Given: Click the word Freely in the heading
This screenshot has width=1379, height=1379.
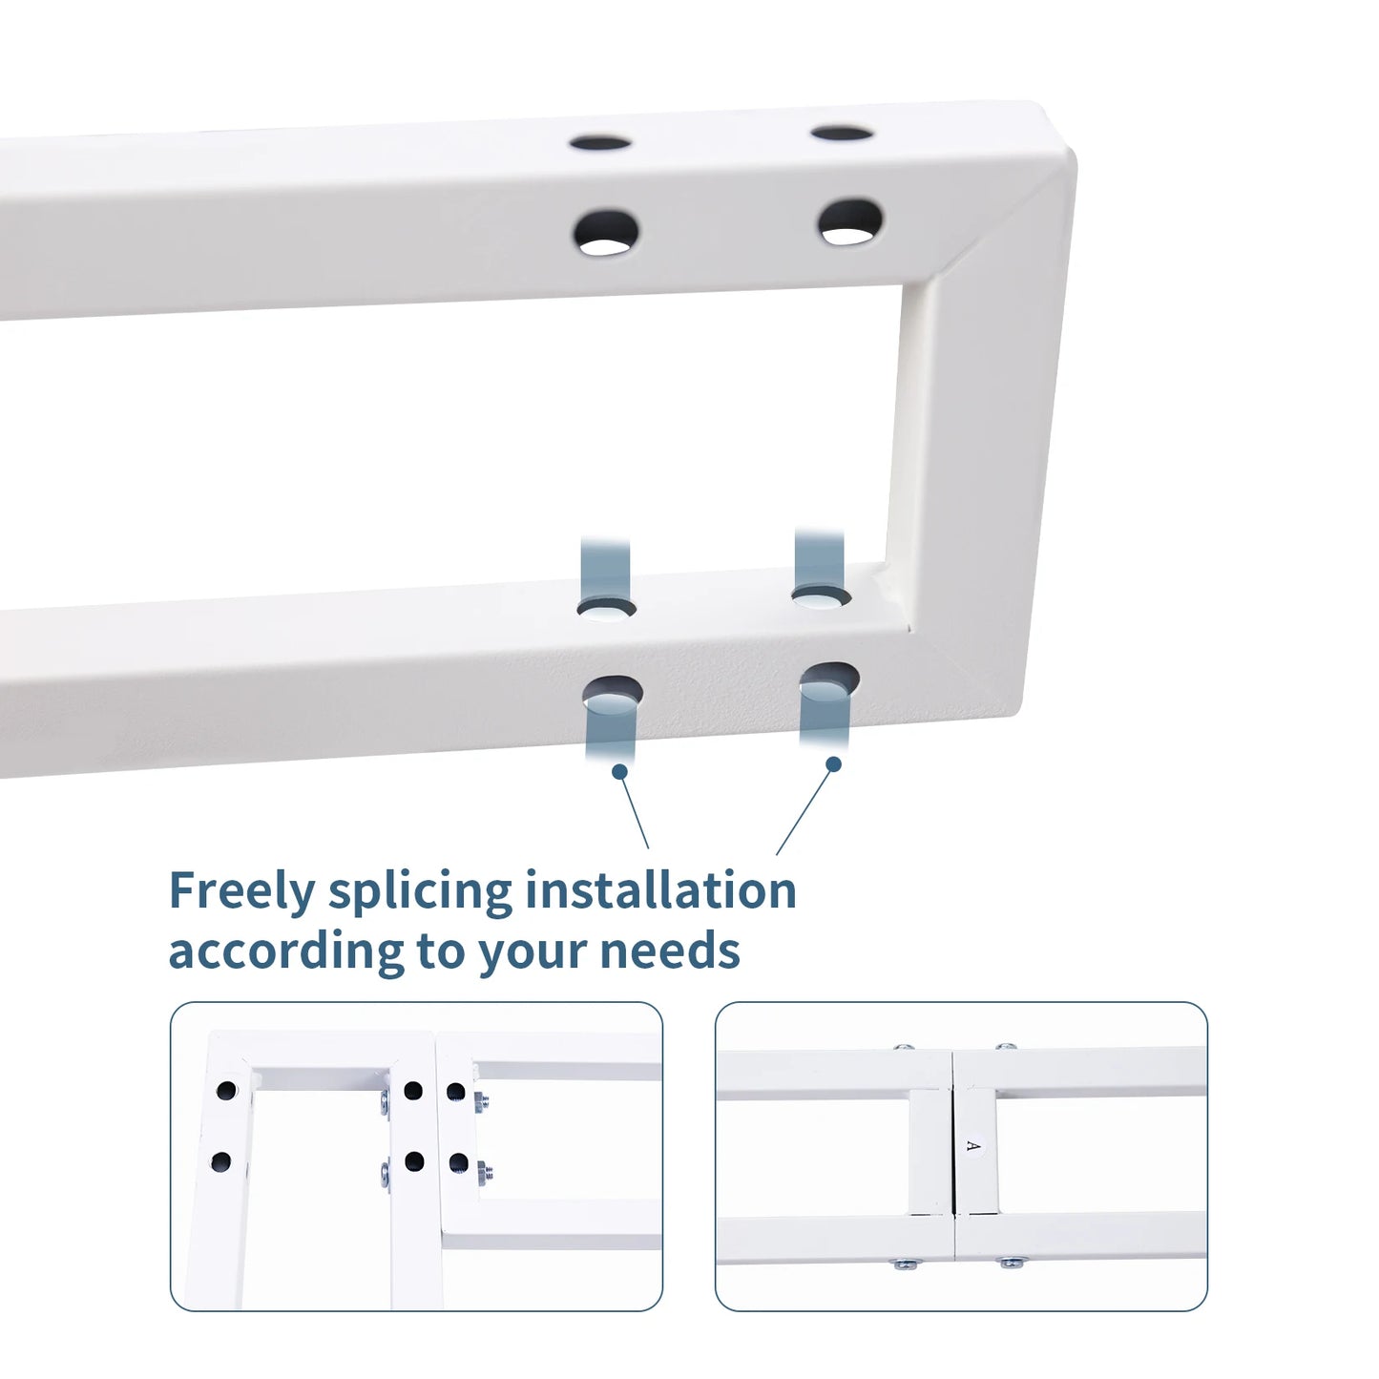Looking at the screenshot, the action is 241,892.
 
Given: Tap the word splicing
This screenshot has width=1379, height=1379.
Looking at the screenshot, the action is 421,892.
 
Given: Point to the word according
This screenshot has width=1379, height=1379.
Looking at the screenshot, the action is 285,951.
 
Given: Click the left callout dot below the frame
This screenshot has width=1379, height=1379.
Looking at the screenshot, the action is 620,771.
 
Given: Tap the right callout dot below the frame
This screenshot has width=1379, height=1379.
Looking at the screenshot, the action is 833,764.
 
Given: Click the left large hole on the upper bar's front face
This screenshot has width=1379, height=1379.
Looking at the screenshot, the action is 606,233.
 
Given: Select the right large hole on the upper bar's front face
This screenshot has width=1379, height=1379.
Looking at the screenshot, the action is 851,221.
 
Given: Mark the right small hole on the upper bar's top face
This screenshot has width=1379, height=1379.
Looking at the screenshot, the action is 842,133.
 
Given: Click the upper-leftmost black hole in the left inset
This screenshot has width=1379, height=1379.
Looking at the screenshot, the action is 226,1091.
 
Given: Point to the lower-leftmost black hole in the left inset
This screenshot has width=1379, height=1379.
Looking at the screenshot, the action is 221,1161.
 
